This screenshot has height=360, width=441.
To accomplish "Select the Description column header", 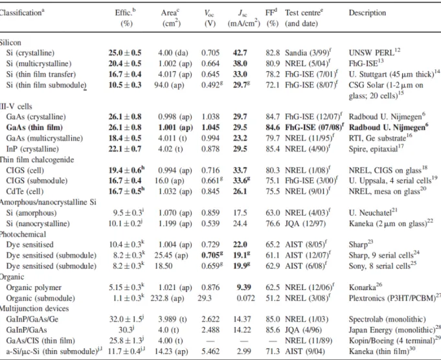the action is point(367,13).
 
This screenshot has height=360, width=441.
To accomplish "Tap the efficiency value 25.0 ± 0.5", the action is point(125,53).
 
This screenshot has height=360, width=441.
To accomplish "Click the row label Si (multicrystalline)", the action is point(39,63).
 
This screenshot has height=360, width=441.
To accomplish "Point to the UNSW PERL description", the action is point(374,52).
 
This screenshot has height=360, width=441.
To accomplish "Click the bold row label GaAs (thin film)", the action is point(34,128).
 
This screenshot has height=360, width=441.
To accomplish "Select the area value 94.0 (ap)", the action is point(169,85).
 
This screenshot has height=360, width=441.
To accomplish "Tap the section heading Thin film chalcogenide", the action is point(37,159).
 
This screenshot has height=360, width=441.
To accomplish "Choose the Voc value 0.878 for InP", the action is point(210,149).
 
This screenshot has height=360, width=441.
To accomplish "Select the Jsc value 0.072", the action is point(245,298).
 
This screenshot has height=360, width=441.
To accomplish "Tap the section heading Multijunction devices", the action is point(34,309).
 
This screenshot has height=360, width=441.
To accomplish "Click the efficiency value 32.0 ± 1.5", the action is point(126,319).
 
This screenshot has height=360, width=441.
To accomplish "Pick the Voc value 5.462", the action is point(210,352).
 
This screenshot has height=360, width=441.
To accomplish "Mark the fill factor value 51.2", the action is point(273,298).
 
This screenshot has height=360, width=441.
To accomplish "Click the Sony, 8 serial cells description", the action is point(383,265).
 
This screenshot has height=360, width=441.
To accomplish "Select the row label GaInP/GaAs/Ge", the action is point(32,319).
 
